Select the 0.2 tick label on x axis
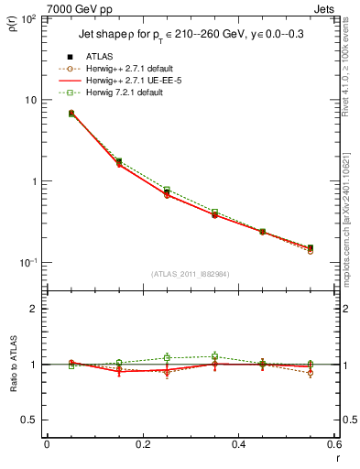[142, 446]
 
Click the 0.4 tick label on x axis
[238, 446]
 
